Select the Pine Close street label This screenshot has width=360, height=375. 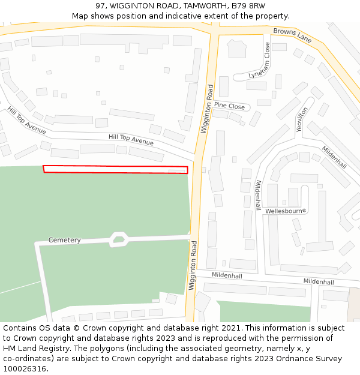click(x=229, y=106)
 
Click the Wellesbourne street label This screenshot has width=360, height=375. click(x=286, y=211)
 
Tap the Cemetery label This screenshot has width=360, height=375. click(x=64, y=240)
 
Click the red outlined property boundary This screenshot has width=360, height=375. click(x=115, y=169)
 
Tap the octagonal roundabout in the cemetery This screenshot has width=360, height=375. click(x=119, y=240)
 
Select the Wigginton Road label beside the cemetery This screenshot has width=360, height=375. click(x=193, y=265)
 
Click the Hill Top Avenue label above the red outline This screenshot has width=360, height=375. click(x=131, y=140)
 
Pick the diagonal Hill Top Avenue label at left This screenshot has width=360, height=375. click(x=26, y=121)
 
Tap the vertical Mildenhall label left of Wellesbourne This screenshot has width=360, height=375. click(x=258, y=194)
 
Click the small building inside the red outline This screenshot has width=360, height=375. click(x=176, y=172)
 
